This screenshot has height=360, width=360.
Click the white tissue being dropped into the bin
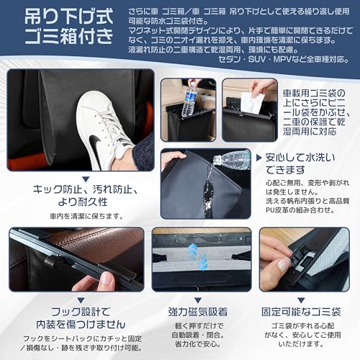pyautogui.click(x=247, y=100)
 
